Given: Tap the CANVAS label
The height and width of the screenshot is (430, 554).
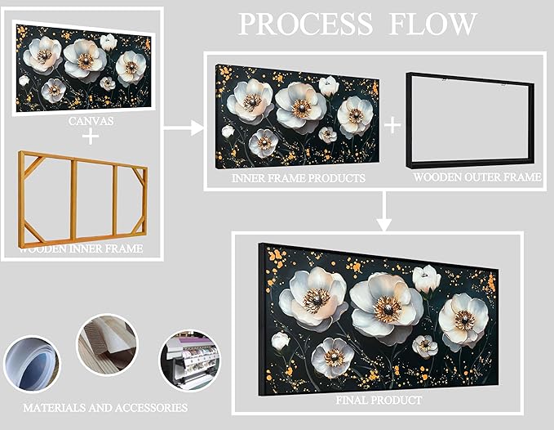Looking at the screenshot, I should (x=91, y=121).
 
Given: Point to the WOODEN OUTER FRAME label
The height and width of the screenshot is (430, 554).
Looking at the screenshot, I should (x=476, y=177).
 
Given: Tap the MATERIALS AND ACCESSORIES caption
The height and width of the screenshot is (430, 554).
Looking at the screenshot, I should (x=105, y=406).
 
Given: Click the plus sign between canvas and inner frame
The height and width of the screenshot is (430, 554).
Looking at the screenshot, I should (x=91, y=137).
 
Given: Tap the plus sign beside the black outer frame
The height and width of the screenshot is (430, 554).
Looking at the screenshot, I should (x=392, y=124).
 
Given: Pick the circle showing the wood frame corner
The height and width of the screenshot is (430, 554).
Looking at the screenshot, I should (x=107, y=346).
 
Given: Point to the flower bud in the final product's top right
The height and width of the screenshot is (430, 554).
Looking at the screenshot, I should (x=425, y=279).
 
